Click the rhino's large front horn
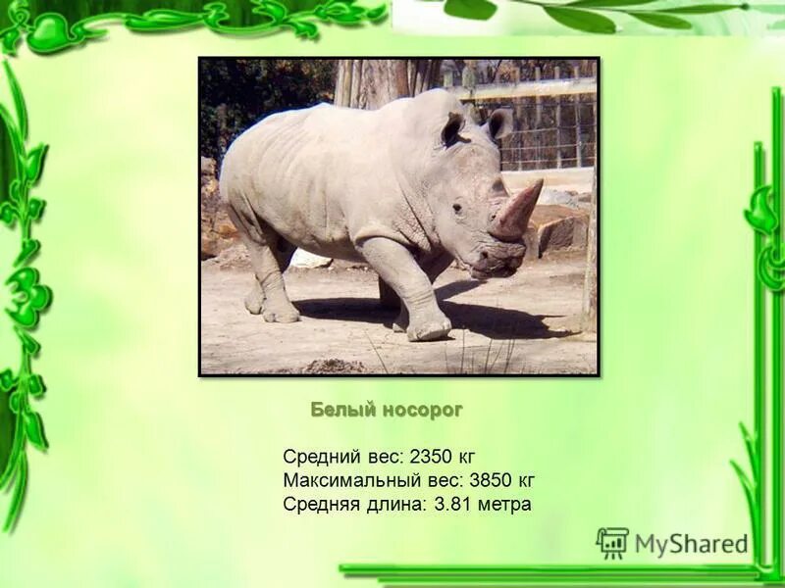point(518,208)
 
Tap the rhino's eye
point(458,208)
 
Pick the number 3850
point(492,481)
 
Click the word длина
point(392,505)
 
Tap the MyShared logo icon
point(612,543)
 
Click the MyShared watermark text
point(691,544)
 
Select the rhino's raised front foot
point(429,329)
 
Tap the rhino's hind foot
point(279,313)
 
